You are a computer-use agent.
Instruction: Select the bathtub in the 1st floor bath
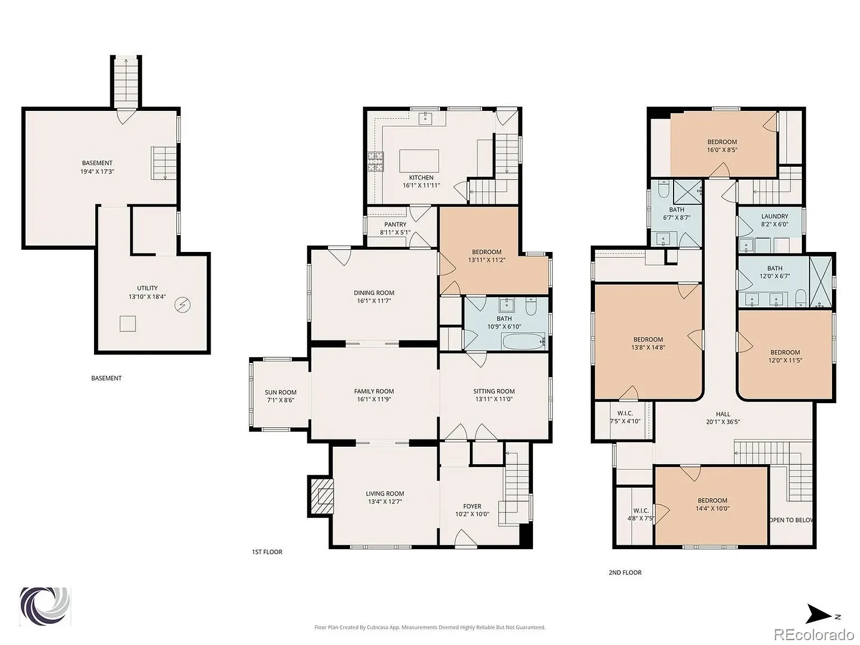[x=524, y=341]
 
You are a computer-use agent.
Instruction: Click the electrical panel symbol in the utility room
[x=183, y=305]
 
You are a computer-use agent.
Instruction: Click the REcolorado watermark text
[x=814, y=634]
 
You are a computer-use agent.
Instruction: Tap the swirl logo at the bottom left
[x=45, y=606]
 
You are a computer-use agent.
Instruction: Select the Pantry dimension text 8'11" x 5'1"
[x=395, y=232]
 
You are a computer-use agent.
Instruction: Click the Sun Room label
[x=281, y=392]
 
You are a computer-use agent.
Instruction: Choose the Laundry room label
[x=774, y=216]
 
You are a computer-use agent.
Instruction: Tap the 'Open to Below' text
[x=791, y=520]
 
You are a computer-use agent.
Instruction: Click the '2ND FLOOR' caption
[x=625, y=572]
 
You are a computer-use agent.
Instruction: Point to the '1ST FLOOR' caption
[x=267, y=551]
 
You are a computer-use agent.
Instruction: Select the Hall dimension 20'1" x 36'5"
[x=723, y=422]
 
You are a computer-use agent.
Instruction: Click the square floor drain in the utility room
[x=128, y=324]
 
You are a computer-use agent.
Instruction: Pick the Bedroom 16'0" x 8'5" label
[x=722, y=142]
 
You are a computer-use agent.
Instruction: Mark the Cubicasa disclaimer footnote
[x=429, y=627]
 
